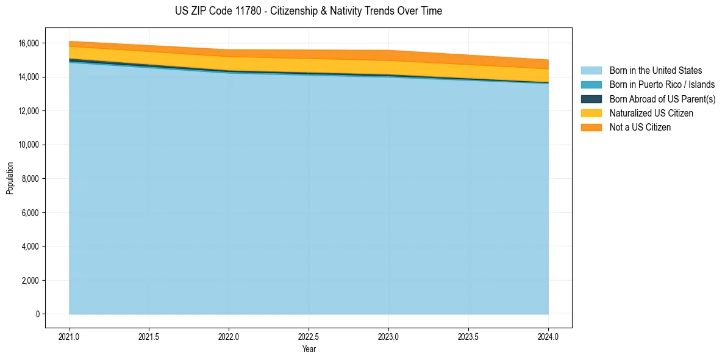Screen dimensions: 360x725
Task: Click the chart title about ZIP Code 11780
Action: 309,11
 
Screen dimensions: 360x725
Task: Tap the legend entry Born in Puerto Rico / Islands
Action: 662,85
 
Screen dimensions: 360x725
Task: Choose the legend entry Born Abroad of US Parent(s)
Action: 662,99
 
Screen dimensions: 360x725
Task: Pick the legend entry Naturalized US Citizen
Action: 651,113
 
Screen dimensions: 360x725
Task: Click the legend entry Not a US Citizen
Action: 640,128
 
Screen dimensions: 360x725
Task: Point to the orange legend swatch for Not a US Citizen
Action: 591,128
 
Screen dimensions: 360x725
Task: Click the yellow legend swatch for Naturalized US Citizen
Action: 591,113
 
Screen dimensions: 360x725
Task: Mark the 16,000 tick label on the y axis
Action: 28,43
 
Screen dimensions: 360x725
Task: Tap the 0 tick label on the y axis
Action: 37,314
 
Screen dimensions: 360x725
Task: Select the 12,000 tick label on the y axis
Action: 28,111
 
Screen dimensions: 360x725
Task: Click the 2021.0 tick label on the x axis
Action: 70,336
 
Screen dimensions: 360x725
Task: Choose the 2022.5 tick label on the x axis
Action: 309,336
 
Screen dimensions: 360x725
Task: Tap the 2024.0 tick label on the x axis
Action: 548,336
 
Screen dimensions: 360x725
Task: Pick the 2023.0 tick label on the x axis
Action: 388,336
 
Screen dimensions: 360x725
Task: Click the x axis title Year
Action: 309,349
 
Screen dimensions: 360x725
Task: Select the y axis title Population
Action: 10,178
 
